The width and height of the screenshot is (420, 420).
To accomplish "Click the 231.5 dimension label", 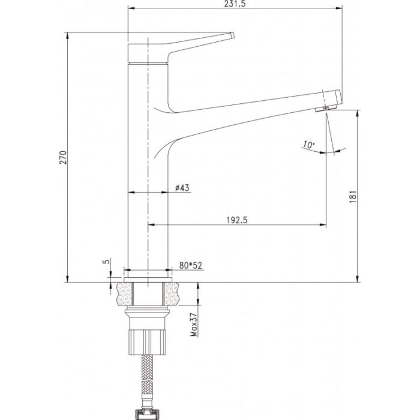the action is coord(236,4).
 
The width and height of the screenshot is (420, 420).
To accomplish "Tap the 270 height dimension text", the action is coord(63,157).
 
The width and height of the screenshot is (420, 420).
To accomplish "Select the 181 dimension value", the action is coord(353,197).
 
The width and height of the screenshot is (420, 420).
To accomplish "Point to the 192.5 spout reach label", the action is coord(237,220).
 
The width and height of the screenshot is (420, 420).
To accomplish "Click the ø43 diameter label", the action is coord(182,188).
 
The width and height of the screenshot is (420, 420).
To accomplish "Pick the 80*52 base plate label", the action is coord(191,265).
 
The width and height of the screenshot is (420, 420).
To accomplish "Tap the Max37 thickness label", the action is coord(194,325).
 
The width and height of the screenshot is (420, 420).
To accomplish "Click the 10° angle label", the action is coord(308,145).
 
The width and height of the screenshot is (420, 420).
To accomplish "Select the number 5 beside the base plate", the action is coord(107,261).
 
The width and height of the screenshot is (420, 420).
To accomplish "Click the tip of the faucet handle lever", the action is coord(233,35).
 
